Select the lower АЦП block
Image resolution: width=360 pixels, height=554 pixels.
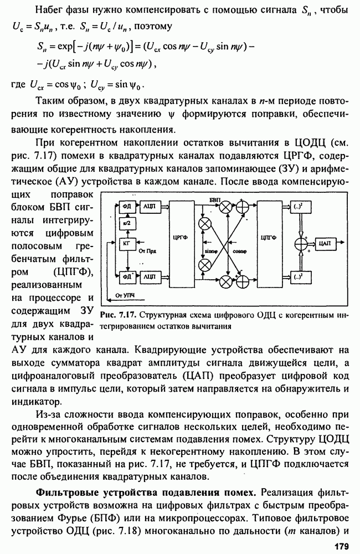tap(149, 275)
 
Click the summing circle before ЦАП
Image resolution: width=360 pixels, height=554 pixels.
tap(302, 242)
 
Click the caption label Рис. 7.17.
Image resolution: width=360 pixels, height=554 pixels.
tap(119, 315)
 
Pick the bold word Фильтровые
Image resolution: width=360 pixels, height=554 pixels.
tap(69, 492)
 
